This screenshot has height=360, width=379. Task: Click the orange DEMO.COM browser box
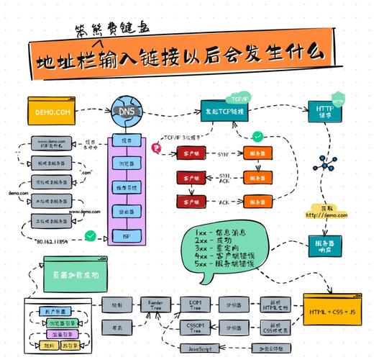pos(51,110)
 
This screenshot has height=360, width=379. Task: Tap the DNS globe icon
pos(125,112)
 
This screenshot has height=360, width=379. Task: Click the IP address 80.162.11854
pos(58,242)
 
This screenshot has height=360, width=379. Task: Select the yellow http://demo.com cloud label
pos(326,212)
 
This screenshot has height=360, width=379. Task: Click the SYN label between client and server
pos(223,153)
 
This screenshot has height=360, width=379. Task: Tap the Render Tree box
pos(155,305)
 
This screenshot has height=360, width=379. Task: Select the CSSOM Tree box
pos(194,329)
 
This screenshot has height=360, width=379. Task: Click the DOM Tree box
pos(194,305)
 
